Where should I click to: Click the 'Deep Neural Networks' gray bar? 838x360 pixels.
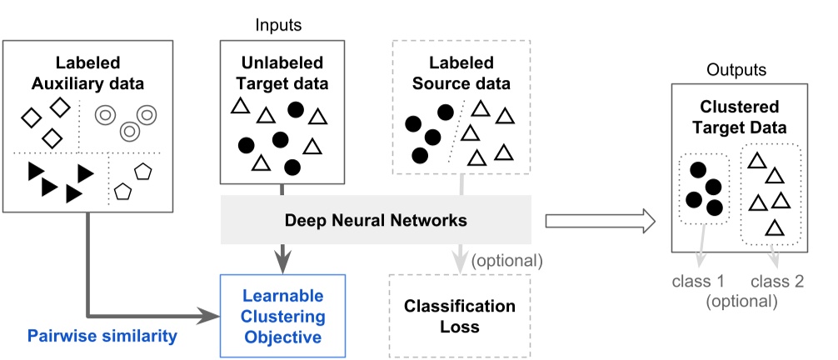(x=375, y=220)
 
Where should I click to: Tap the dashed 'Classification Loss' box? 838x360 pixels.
(x=460, y=316)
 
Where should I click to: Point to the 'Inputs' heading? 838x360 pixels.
(x=278, y=25)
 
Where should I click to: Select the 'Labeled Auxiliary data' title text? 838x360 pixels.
(x=88, y=72)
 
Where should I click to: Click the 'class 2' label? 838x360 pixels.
(x=776, y=281)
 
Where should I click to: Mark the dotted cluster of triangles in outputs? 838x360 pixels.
(x=771, y=192)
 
